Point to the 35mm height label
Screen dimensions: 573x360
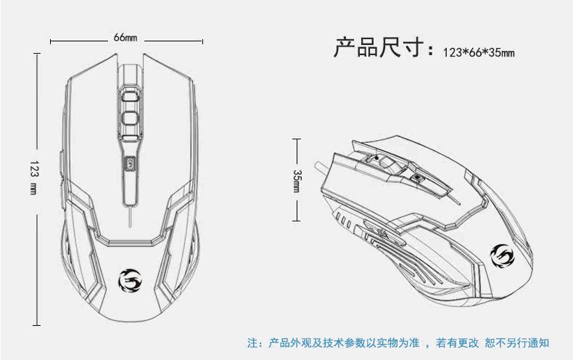pos(297,181)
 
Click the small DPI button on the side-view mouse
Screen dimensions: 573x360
pos(418,176)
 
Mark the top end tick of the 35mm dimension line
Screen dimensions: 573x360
pos(297,139)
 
